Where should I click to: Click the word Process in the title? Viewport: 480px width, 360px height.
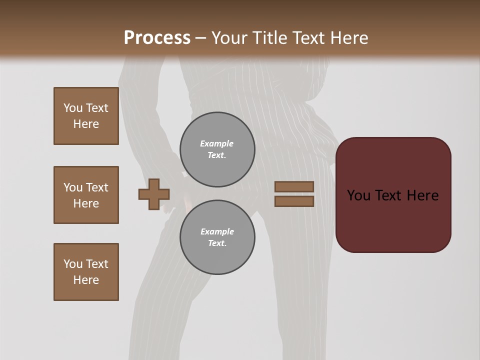(x=157, y=38)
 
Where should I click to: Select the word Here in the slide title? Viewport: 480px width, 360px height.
(x=348, y=38)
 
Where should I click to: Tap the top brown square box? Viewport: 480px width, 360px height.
(x=86, y=116)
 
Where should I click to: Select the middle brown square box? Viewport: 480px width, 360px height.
(x=86, y=195)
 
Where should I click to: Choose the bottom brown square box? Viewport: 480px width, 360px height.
(x=86, y=272)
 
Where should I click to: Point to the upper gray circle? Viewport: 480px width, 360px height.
(x=217, y=149)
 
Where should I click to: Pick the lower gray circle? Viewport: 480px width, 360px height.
(x=217, y=237)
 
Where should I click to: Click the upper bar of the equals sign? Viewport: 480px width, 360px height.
(x=294, y=186)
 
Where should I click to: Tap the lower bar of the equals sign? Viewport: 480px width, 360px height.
(x=294, y=201)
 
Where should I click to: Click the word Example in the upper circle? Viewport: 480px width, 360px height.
(x=217, y=143)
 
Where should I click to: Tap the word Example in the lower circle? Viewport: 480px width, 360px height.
(x=217, y=231)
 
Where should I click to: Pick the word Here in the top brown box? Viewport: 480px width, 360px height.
(x=86, y=124)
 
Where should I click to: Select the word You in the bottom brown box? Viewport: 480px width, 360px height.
(x=73, y=264)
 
